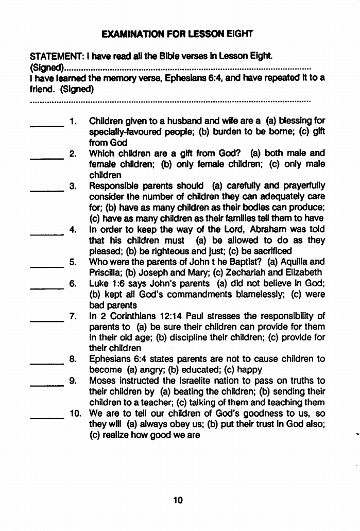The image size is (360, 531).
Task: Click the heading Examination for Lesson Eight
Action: pyautogui.click(x=178, y=35)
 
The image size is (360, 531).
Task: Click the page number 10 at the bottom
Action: pyautogui.click(x=178, y=499)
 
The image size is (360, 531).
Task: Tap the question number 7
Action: pyautogui.click(x=74, y=316)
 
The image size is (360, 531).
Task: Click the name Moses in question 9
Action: pyautogui.click(x=103, y=381)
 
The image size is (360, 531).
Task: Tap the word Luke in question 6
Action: pyautogui.click(x=98, y=283)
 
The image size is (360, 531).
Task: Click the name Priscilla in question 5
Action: pyautogui.click(x=106, y=272)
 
